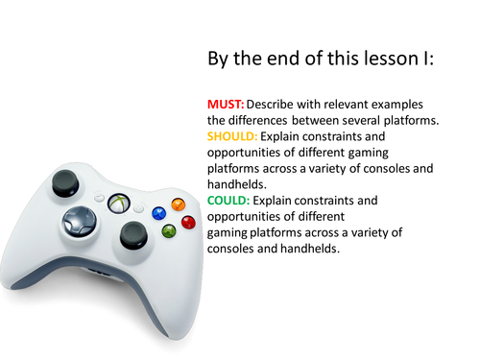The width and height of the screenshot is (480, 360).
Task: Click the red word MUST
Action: pos(225,103)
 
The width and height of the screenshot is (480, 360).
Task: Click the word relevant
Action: pos(358,103)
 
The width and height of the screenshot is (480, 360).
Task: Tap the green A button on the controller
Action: pos(169,230)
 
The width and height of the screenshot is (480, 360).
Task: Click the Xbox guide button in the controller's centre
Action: pos(119,203)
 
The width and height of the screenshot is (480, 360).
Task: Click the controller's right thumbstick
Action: pos(131,236)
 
